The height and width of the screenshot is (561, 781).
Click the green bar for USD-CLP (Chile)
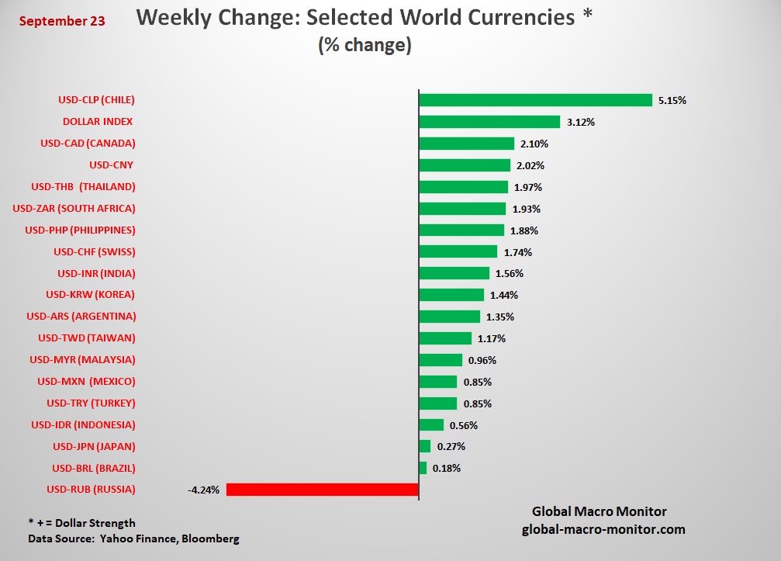[x=535, y=100]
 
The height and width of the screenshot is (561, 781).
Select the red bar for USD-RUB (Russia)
[x=322, y=490]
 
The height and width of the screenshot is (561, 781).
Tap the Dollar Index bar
[x=489, y=122]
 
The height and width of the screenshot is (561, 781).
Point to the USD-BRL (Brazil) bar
[x=423, y=468]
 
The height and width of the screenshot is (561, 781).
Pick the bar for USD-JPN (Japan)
[x=424, y=446]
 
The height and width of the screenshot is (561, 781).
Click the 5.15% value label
[x=672, y=100]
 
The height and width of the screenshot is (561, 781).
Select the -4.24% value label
[x=203, y=490]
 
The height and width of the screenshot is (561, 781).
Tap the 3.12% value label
[x=580, y=122]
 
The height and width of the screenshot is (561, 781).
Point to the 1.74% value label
[x=517, y=252]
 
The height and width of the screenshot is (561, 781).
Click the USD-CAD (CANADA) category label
[x=88, y=143]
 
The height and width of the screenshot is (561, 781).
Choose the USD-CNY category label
[x=112, y=164]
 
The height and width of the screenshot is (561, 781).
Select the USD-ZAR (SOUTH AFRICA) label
[x=74, y=208]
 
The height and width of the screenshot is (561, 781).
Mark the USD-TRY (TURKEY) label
[x=91, y=403]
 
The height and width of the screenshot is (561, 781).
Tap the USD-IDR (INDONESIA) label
[x=83, y=424]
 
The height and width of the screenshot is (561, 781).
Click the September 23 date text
[x=62, y=21]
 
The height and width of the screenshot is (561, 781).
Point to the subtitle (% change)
[x=365, y=45]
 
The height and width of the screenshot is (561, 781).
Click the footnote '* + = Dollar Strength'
[x=81, y=523]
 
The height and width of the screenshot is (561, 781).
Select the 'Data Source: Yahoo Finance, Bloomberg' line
[x=133, y=538]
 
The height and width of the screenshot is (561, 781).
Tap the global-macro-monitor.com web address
[x=603, y=528]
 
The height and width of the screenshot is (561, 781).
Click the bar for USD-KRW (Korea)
[x=451, y=295]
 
